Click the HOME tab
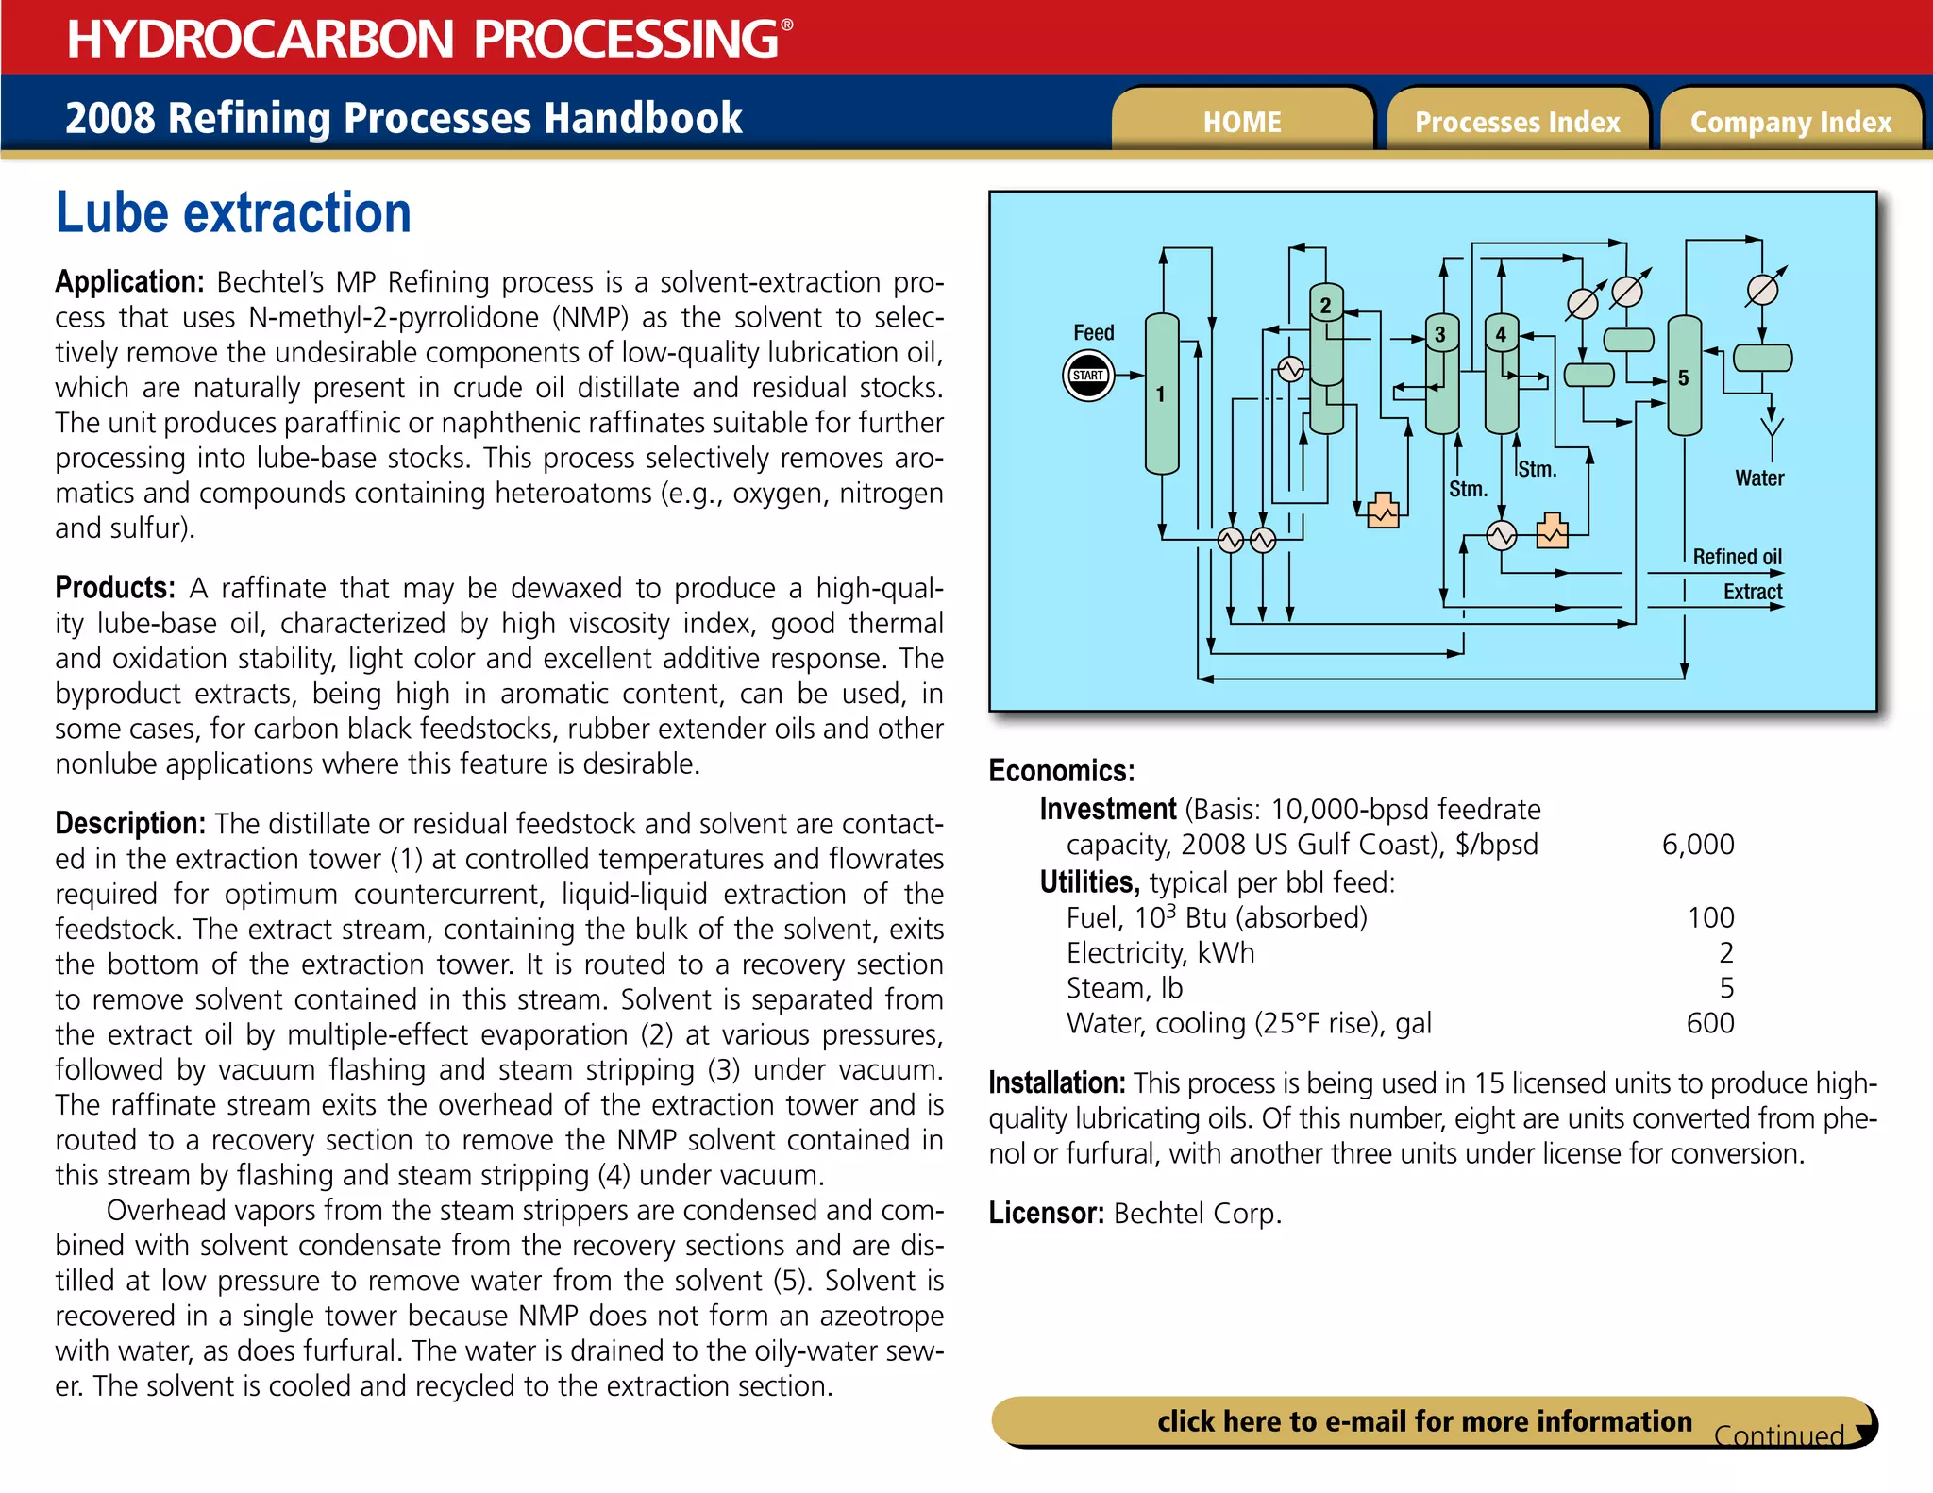1242,122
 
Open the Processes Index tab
1517,122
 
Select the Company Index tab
1790,122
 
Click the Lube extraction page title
233,212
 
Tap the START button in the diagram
1088,376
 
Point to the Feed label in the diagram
1093,332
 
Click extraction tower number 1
1162,394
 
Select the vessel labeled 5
1684,377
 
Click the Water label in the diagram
1759,478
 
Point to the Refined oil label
1737,557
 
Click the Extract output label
1753,592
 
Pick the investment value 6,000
1697,845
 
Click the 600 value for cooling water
1709,1023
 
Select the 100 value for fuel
1710,917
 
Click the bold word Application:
129,282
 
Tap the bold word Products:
115,588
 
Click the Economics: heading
1061,771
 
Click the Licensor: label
1046,1213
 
